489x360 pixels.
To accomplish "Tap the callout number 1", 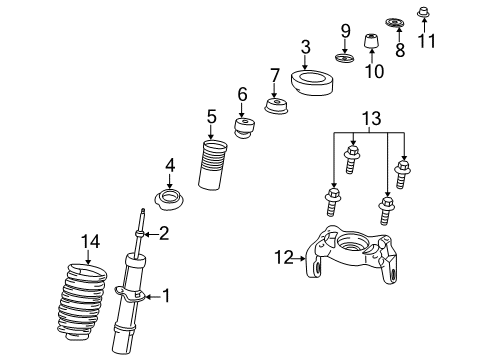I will (166, 295).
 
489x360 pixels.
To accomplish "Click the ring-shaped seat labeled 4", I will (169, 196).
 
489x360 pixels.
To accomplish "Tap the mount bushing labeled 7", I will (275, 106).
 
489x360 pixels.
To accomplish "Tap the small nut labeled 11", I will (425, 13).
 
